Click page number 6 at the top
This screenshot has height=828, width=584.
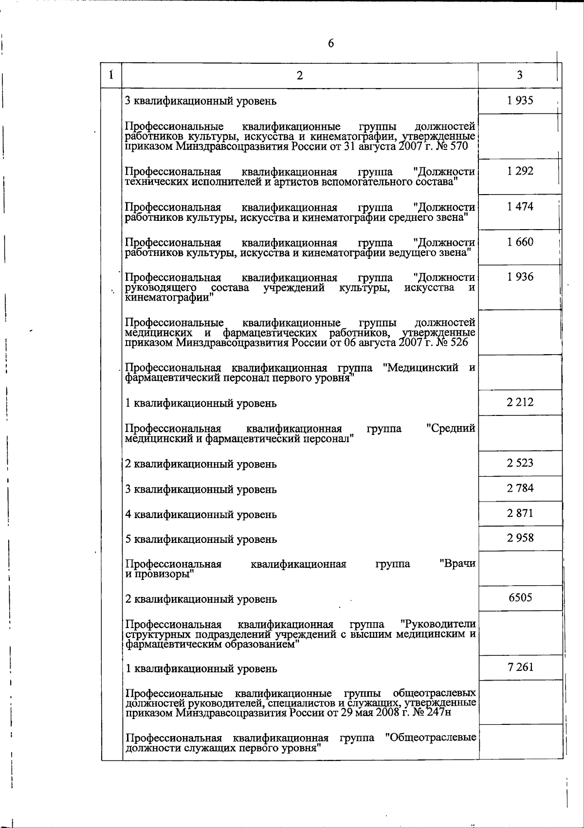coord(331,43)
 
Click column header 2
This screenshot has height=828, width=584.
coord(300,75)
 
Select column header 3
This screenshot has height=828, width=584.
coord(520,75)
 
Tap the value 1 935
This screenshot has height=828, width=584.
coord(520,101)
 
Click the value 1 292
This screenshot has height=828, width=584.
coord(520,171)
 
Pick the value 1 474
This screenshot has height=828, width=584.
coord(520,207)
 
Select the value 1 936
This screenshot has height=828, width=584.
coord(520,277)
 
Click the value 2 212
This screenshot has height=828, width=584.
coord(520,402)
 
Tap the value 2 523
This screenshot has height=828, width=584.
coord(520,463)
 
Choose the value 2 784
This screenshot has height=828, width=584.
coord(520,488)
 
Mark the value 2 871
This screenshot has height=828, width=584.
coord(520,513)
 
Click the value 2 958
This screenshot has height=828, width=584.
coord(520,538)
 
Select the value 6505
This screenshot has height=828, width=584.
coord(520,598)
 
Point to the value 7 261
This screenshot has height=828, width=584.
coord(520,667)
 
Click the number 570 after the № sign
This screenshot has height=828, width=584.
coord(459,146)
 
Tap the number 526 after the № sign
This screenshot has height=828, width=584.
coord(459,342)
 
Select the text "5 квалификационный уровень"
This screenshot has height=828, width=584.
coord(201,540)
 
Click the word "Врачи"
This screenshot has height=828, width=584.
coord(457,564)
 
